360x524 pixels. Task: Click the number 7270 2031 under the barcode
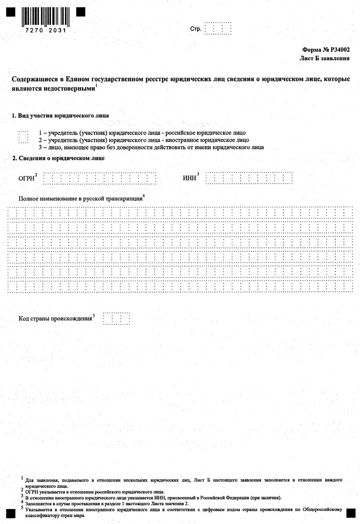click(43, 30)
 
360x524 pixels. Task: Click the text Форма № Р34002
click(326, 50)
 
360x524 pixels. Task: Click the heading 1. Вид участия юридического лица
click(60, 116)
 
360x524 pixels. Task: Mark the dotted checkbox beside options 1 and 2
click(23, 136)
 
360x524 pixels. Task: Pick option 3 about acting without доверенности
click(151, 147)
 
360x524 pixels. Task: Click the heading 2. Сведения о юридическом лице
click(58, 158)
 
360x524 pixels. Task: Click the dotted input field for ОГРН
click(100, 178)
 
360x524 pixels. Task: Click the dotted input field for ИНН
click(249, 178)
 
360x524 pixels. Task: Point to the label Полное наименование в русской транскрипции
click(80, 199)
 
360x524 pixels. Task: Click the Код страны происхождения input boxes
click(116, 318)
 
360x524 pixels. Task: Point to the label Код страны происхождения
click(55, 319)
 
